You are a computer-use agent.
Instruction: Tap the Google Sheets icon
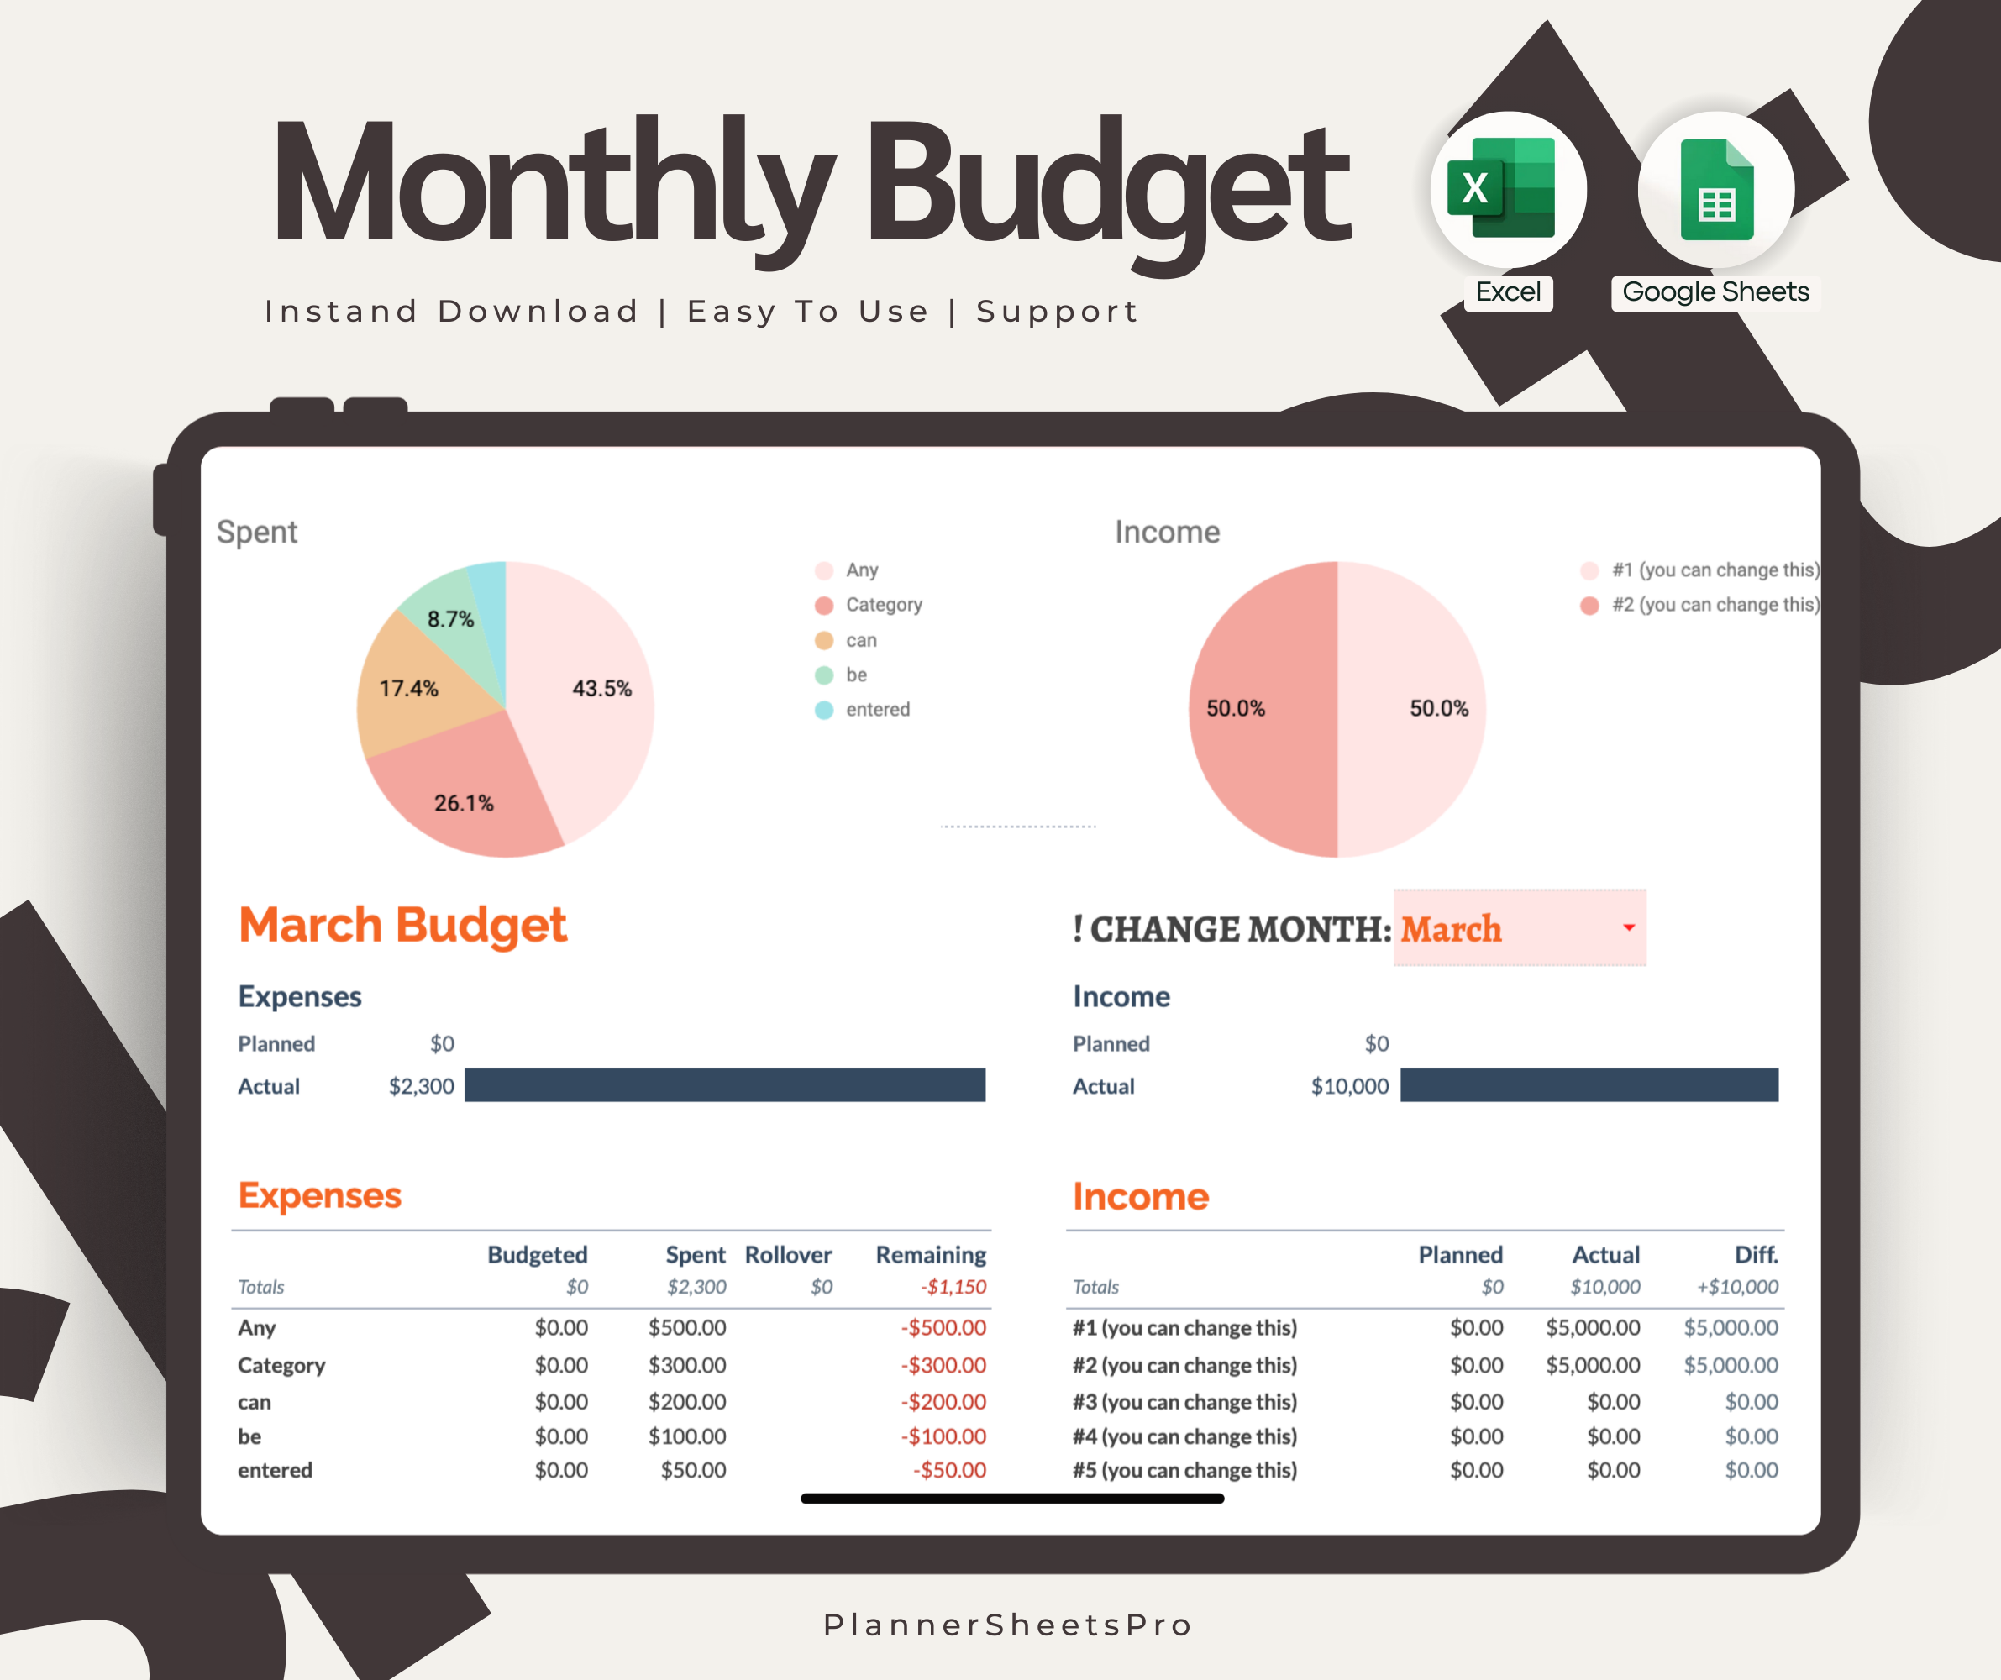point(1715,190)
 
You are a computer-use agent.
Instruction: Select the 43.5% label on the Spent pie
point(601,688)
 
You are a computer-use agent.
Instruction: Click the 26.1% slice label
point(463,803)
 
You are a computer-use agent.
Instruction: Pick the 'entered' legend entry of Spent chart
point(877,710)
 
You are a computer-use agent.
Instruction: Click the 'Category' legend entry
point(883,605)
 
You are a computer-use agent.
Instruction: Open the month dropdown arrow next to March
point(1628,927)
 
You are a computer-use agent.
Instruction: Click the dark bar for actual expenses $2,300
point(724,1085)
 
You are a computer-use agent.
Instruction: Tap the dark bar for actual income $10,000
point(1589,1085)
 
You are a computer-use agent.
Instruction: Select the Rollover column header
point(788,1255)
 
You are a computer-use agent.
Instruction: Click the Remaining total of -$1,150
point(953,1288)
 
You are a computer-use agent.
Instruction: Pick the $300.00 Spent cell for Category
point(687,1366)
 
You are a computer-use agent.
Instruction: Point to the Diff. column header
point(1755,1255)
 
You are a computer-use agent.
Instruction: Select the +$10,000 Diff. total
point(1737,1288)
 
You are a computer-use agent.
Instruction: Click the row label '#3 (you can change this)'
point(1184,1402)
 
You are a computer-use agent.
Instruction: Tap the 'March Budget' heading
point(402,926)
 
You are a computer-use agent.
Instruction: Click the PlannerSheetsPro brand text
point(1008,1625)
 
